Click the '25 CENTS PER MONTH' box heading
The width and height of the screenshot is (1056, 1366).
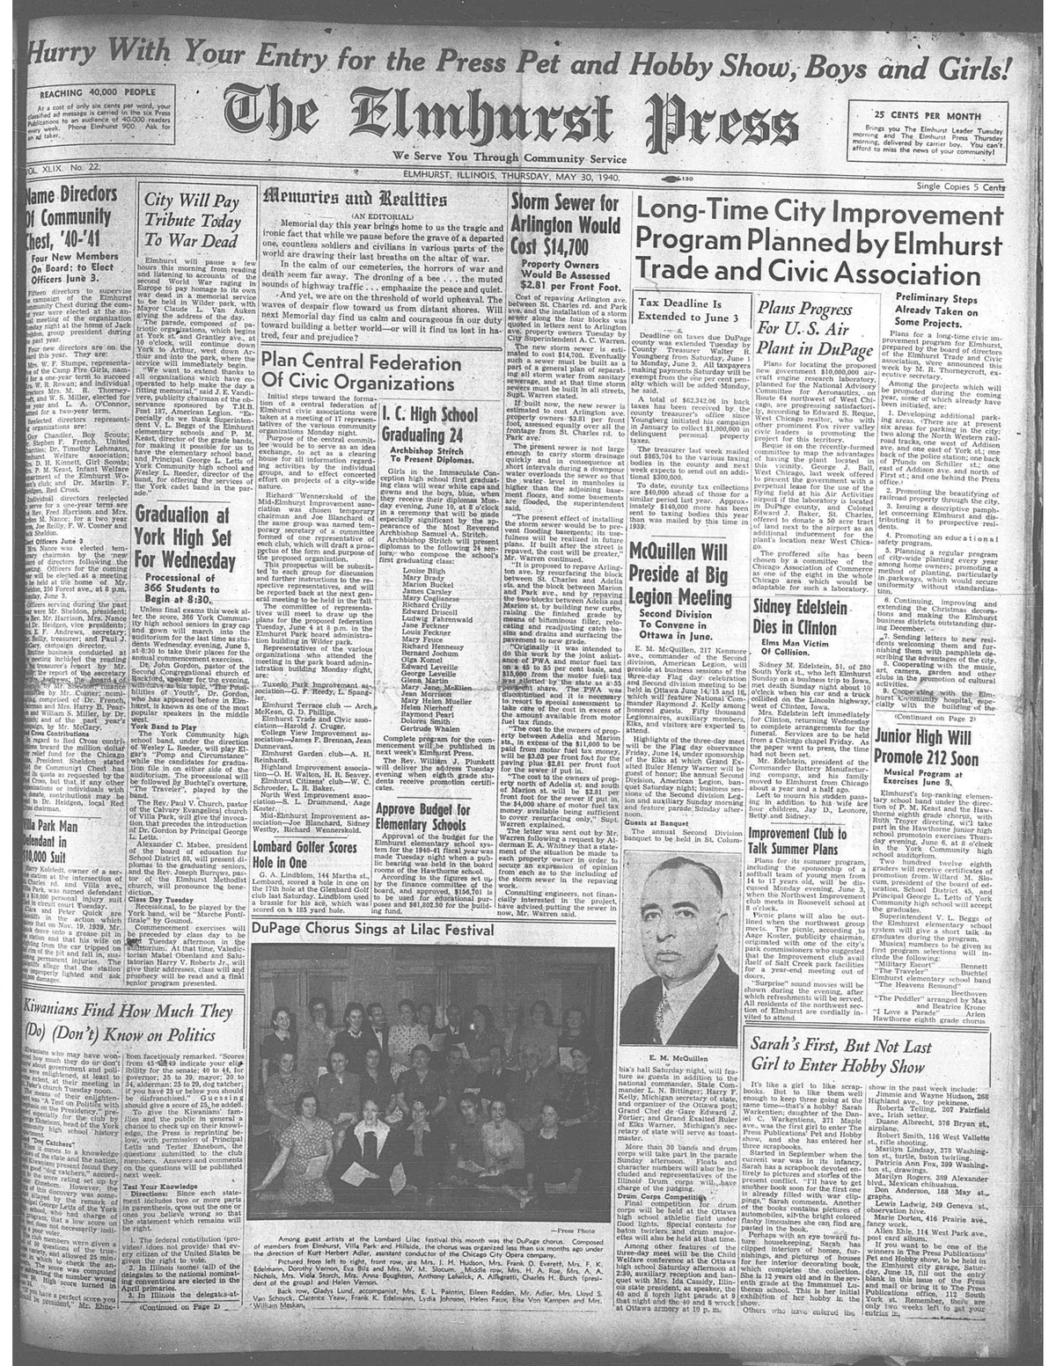[x=942, y=114]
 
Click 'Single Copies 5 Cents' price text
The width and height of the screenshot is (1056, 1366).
[x=966, y=188]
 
